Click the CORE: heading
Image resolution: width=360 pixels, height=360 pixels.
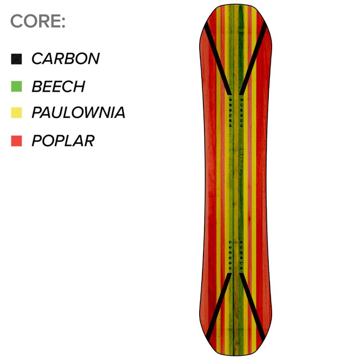point(38,21)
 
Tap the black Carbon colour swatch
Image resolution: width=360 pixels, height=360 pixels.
point(16,59)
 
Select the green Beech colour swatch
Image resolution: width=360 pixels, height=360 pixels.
point(16,86)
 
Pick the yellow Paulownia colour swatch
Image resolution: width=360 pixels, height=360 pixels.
point(16,113)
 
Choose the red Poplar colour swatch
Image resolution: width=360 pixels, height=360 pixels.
point(16,141)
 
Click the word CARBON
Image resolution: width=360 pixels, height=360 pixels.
point(66,58)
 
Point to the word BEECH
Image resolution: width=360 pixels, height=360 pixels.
point(58,86)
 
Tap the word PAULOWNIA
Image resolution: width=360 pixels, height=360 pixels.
point(78,112)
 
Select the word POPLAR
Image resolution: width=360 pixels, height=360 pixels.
point(63,140)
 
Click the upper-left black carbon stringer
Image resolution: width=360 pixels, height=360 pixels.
point(218,58)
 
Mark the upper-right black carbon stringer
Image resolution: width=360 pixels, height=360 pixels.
point(253,58)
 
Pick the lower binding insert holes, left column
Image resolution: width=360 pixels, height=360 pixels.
point(230,255)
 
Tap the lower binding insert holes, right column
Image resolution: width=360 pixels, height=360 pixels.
point(241,255)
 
